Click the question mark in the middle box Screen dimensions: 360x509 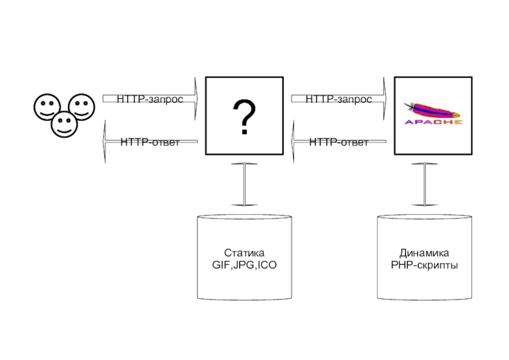coord(244,116)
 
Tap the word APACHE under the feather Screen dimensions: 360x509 coord(433,121)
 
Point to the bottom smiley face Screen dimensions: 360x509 coord(64,123)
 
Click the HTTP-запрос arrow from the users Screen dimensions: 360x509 coord(150,99)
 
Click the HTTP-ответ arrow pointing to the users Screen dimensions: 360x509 coord(150,141)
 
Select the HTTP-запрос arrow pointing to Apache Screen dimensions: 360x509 coord(338,99)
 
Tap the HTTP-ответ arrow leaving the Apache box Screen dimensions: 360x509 coord(338,141)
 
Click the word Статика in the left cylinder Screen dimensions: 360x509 coord(244,253)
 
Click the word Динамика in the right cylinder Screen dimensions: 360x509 coord(424,253)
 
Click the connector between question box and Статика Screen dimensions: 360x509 coord(244,184)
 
